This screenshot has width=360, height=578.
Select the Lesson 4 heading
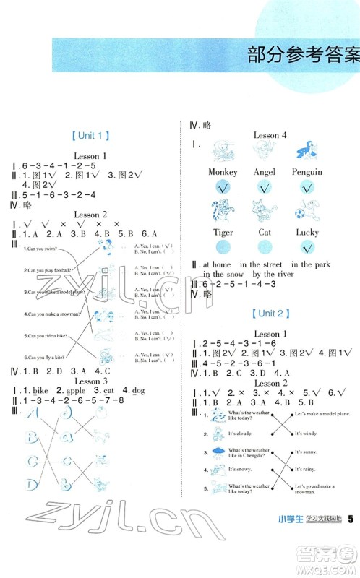pos(270,135)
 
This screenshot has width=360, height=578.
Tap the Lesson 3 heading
pos(91,381)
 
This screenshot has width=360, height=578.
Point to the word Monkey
pos(223,172)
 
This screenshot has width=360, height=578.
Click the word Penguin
pos(307,172)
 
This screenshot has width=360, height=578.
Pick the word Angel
pos(265,172)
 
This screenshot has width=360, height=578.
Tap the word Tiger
pos(223,233)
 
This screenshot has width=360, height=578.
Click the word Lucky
pos(307,233)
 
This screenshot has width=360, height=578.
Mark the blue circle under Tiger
pos(223,248)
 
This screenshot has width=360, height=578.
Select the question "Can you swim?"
pos(38,249)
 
